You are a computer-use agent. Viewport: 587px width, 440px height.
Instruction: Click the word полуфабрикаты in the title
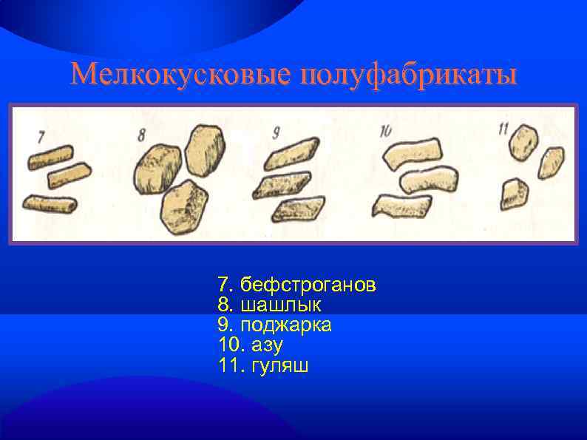407,75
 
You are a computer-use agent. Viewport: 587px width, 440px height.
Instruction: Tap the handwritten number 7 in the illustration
41,137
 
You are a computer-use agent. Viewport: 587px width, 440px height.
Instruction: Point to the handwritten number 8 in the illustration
142,134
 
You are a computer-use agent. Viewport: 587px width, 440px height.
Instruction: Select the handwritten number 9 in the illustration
275,133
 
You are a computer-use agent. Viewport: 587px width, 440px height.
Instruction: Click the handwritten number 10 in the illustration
385,132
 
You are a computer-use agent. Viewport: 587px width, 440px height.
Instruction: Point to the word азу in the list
268,345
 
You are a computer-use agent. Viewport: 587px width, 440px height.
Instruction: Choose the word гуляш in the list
281,365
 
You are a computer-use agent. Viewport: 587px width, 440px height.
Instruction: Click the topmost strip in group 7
50,156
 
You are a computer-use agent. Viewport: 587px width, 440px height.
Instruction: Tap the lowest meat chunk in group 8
184,207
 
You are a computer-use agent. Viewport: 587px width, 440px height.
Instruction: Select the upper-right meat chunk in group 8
205,147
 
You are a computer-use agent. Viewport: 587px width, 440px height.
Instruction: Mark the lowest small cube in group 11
514,194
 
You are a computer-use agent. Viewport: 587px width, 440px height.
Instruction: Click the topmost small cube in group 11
523,141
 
